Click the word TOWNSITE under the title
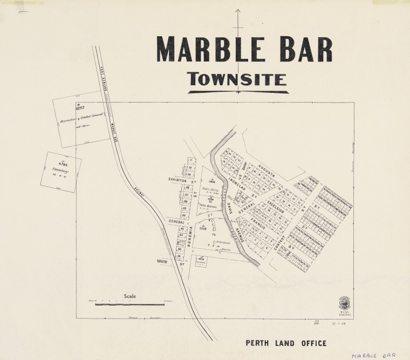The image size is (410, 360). coord(237,80)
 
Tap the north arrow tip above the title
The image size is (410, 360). coord(237,11)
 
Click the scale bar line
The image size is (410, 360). coord(129,305)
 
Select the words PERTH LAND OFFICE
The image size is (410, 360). coord(286,343)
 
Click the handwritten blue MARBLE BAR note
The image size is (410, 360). coord(373,356)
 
